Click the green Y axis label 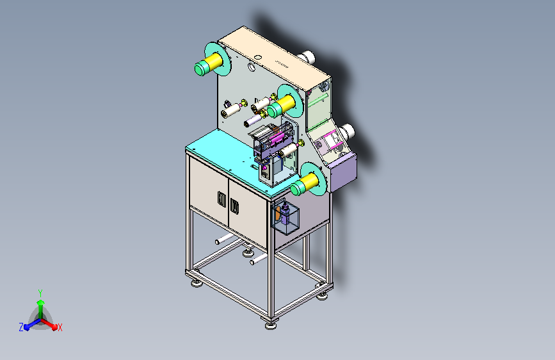(40, 293)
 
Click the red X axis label (60, 327)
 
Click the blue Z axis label (21, 327)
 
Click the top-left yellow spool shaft (213, 61)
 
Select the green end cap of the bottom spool (297, 188)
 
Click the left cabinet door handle (221, 199)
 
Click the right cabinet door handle (234, 206)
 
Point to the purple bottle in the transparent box (286, 214)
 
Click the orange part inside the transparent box (278, 214)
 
